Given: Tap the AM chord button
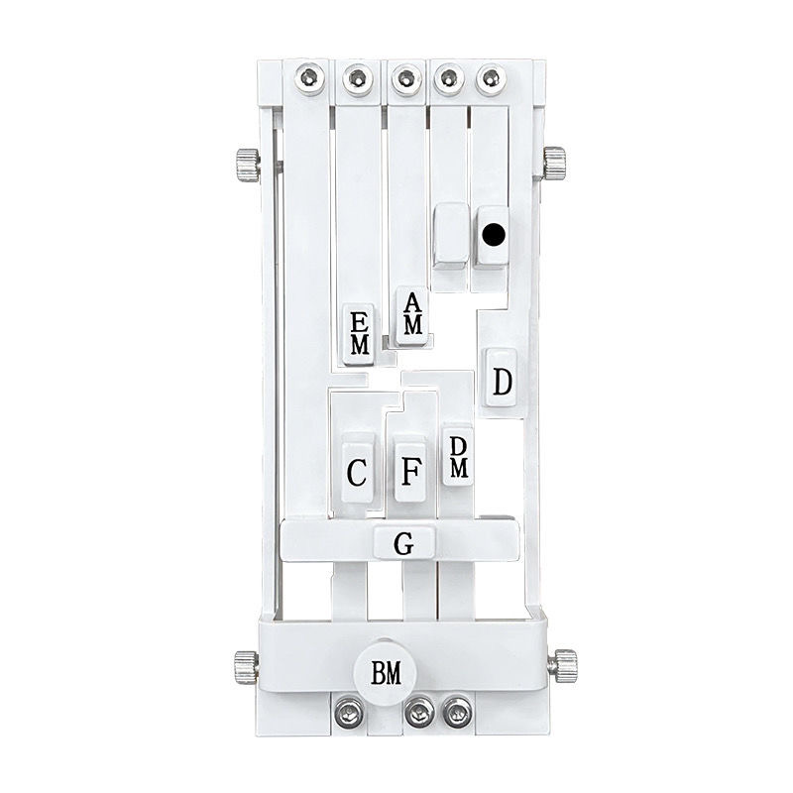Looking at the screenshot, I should (x=413, y=315).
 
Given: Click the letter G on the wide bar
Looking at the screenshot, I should (x=403, y=543).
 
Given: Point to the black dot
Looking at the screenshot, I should (x=492, y=235).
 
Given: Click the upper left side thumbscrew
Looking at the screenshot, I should (x=247, y=164).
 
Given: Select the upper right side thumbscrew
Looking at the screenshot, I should (x=554, y=162).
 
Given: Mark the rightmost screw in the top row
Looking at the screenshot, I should (x=489, y=77).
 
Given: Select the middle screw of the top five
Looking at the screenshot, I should (x=403, y=77).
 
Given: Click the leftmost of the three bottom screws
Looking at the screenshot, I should (x=347, y=711).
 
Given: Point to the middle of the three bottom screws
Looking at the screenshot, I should (x=419, y=711).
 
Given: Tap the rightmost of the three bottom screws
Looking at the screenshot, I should (x=456, y=711).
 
